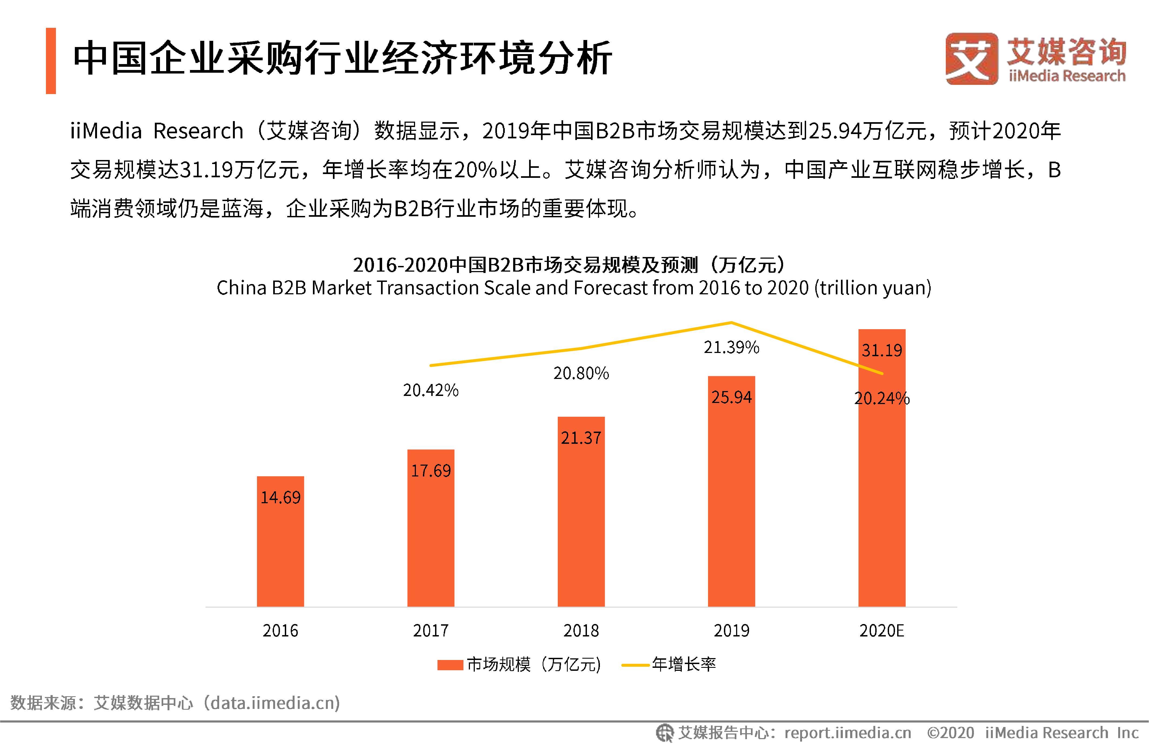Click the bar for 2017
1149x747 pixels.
[431, 531]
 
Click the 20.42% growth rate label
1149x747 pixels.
[431, 390]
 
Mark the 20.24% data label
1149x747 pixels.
[881, 398]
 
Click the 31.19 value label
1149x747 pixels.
[881, 350]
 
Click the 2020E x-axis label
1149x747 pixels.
[881, 631]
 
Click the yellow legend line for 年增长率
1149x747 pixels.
[635, 665]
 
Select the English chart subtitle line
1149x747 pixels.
[573, 288]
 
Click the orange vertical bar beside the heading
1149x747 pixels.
[51, 61]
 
